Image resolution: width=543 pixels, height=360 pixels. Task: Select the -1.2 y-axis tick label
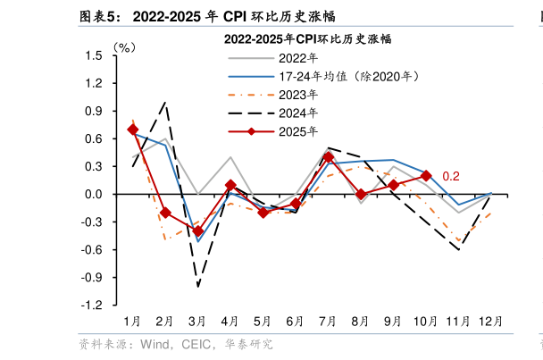point(92,306)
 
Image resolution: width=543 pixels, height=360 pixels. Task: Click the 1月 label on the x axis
point(132,321)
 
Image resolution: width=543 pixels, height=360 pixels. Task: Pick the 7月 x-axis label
point(328,321)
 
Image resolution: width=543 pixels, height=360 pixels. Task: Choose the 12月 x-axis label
point(490,321)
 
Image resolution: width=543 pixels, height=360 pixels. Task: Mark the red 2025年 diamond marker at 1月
point(133,130)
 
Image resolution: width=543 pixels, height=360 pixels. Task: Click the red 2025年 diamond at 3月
point(198,231)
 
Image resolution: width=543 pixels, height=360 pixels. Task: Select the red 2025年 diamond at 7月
point(328,157)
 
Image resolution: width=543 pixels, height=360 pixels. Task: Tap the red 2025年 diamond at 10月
point(426,176)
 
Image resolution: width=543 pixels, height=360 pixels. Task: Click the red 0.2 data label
point(451,176)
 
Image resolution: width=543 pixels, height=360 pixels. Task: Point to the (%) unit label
point(124,46)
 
